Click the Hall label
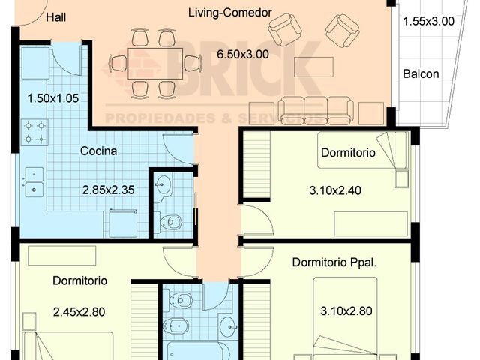click(56, 17)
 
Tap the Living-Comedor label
click(230, 13)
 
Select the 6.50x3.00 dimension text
click(243, 55)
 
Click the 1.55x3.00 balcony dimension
click(428, 22)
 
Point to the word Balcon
click(421, 73)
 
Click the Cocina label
click(98, 151)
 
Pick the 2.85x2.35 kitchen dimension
click(108, 190)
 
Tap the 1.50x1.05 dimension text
click(53, 98)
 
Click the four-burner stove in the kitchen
click(34, 132)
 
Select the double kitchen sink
click(34, 182)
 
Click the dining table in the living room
click(155, 64)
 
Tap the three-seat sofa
click(316, 111)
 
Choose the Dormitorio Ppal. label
click(334, 262)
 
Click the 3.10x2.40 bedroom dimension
click(335, 190)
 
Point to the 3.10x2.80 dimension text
click(346, 311)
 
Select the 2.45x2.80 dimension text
click(79, 312)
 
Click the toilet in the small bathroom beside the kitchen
click(169, 222)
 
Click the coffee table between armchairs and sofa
click(313, 67)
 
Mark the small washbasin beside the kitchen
click(162, 186)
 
